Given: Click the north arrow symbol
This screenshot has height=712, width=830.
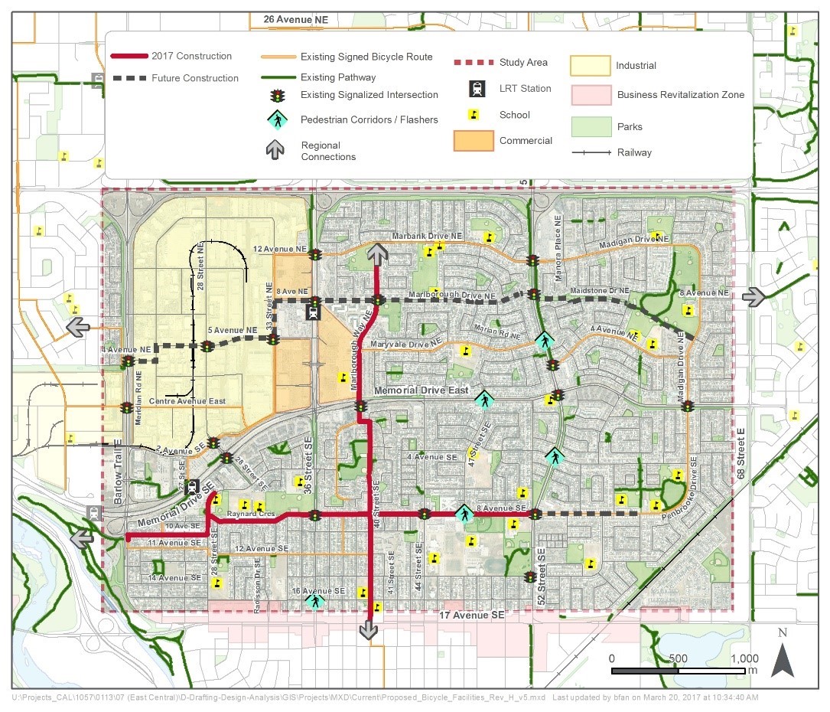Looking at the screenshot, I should pyautogui.click(x=782, y=659).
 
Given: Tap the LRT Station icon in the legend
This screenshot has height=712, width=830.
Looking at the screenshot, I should pyautogui.click(x=477, y=89).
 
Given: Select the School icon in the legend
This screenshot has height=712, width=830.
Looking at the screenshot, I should pyautogui.click(x=474, y=115).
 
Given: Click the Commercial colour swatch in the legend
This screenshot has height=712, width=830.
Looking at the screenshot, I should pyautogui.click(x=474, y=141).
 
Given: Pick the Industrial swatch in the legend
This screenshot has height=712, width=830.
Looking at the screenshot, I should pyautogui.click(x=589, y=66).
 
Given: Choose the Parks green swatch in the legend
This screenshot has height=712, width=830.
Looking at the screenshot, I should pyautogui.click(x=589, y=126).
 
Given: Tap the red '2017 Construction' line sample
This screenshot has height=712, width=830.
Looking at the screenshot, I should pyautogui.click(x=129, y=57).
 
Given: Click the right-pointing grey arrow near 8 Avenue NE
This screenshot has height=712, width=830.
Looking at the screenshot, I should pyautogui.click(x=754, y=297).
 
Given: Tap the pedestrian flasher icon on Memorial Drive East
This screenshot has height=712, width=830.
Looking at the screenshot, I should pyautogui.click(x=483, y=399).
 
